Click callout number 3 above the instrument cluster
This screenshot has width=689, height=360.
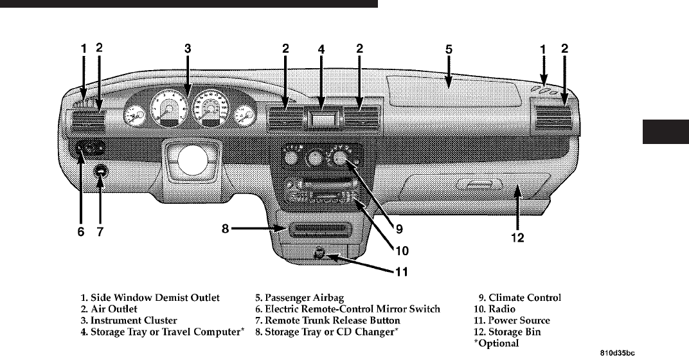tap(188, 48)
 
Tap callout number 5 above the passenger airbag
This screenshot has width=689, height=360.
tap(449, 50)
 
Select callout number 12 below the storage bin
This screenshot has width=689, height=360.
tap(517, 238)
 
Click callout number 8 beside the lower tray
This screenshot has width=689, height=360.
tap(225, 229)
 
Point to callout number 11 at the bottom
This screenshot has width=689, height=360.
tap(402, 272)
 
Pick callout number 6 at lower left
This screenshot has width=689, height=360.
tap(81, 231)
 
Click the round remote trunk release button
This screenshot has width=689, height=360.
tap(101, 172)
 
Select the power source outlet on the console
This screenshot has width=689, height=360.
tap(319, 253)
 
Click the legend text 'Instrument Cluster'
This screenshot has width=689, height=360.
tap(134, 320)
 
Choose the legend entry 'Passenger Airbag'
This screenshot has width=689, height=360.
tap(304, 298)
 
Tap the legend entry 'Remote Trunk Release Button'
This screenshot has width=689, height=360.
tap(332, 320)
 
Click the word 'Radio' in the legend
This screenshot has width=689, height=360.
tap(502, 309)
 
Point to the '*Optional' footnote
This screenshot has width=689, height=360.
tap(496, 343)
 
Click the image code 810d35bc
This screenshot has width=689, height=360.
tap(618, 353)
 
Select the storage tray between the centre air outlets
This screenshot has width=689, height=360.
tap(323, 118)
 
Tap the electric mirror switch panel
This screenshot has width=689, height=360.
tap(89, 149)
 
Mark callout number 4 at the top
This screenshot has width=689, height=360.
tap(321, 50)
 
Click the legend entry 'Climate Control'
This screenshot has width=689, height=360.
tap(524, 298)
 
